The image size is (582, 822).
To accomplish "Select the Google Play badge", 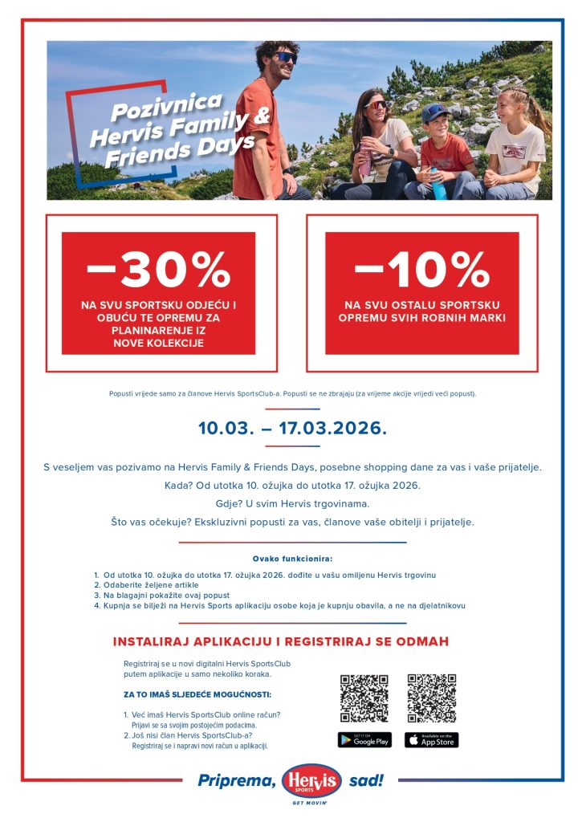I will click(x=364, y=740).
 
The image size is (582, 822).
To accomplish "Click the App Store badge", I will click(x=431, y=740).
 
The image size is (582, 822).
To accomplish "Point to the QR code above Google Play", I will click(x=364, y=698).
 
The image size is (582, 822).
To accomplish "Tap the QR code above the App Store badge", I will click(x=431, y=698).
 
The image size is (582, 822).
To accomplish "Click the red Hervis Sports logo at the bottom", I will click(x=311, y=780).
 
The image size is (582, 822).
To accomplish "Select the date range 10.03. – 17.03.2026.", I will click(x=292, y=428).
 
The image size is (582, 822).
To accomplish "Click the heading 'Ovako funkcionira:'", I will click(x=292, y=558).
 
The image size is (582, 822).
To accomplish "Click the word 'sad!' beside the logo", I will click(x=367, y=780).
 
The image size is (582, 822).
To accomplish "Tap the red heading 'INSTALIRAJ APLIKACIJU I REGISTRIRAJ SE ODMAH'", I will click(x=281, y=642).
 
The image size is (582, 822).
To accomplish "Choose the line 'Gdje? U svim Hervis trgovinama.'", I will click(x=292, y=503).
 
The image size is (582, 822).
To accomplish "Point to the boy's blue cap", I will click(x=434, y=112).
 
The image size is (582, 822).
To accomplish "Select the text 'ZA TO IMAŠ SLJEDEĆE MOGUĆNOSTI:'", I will click(x=197, y=694).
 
